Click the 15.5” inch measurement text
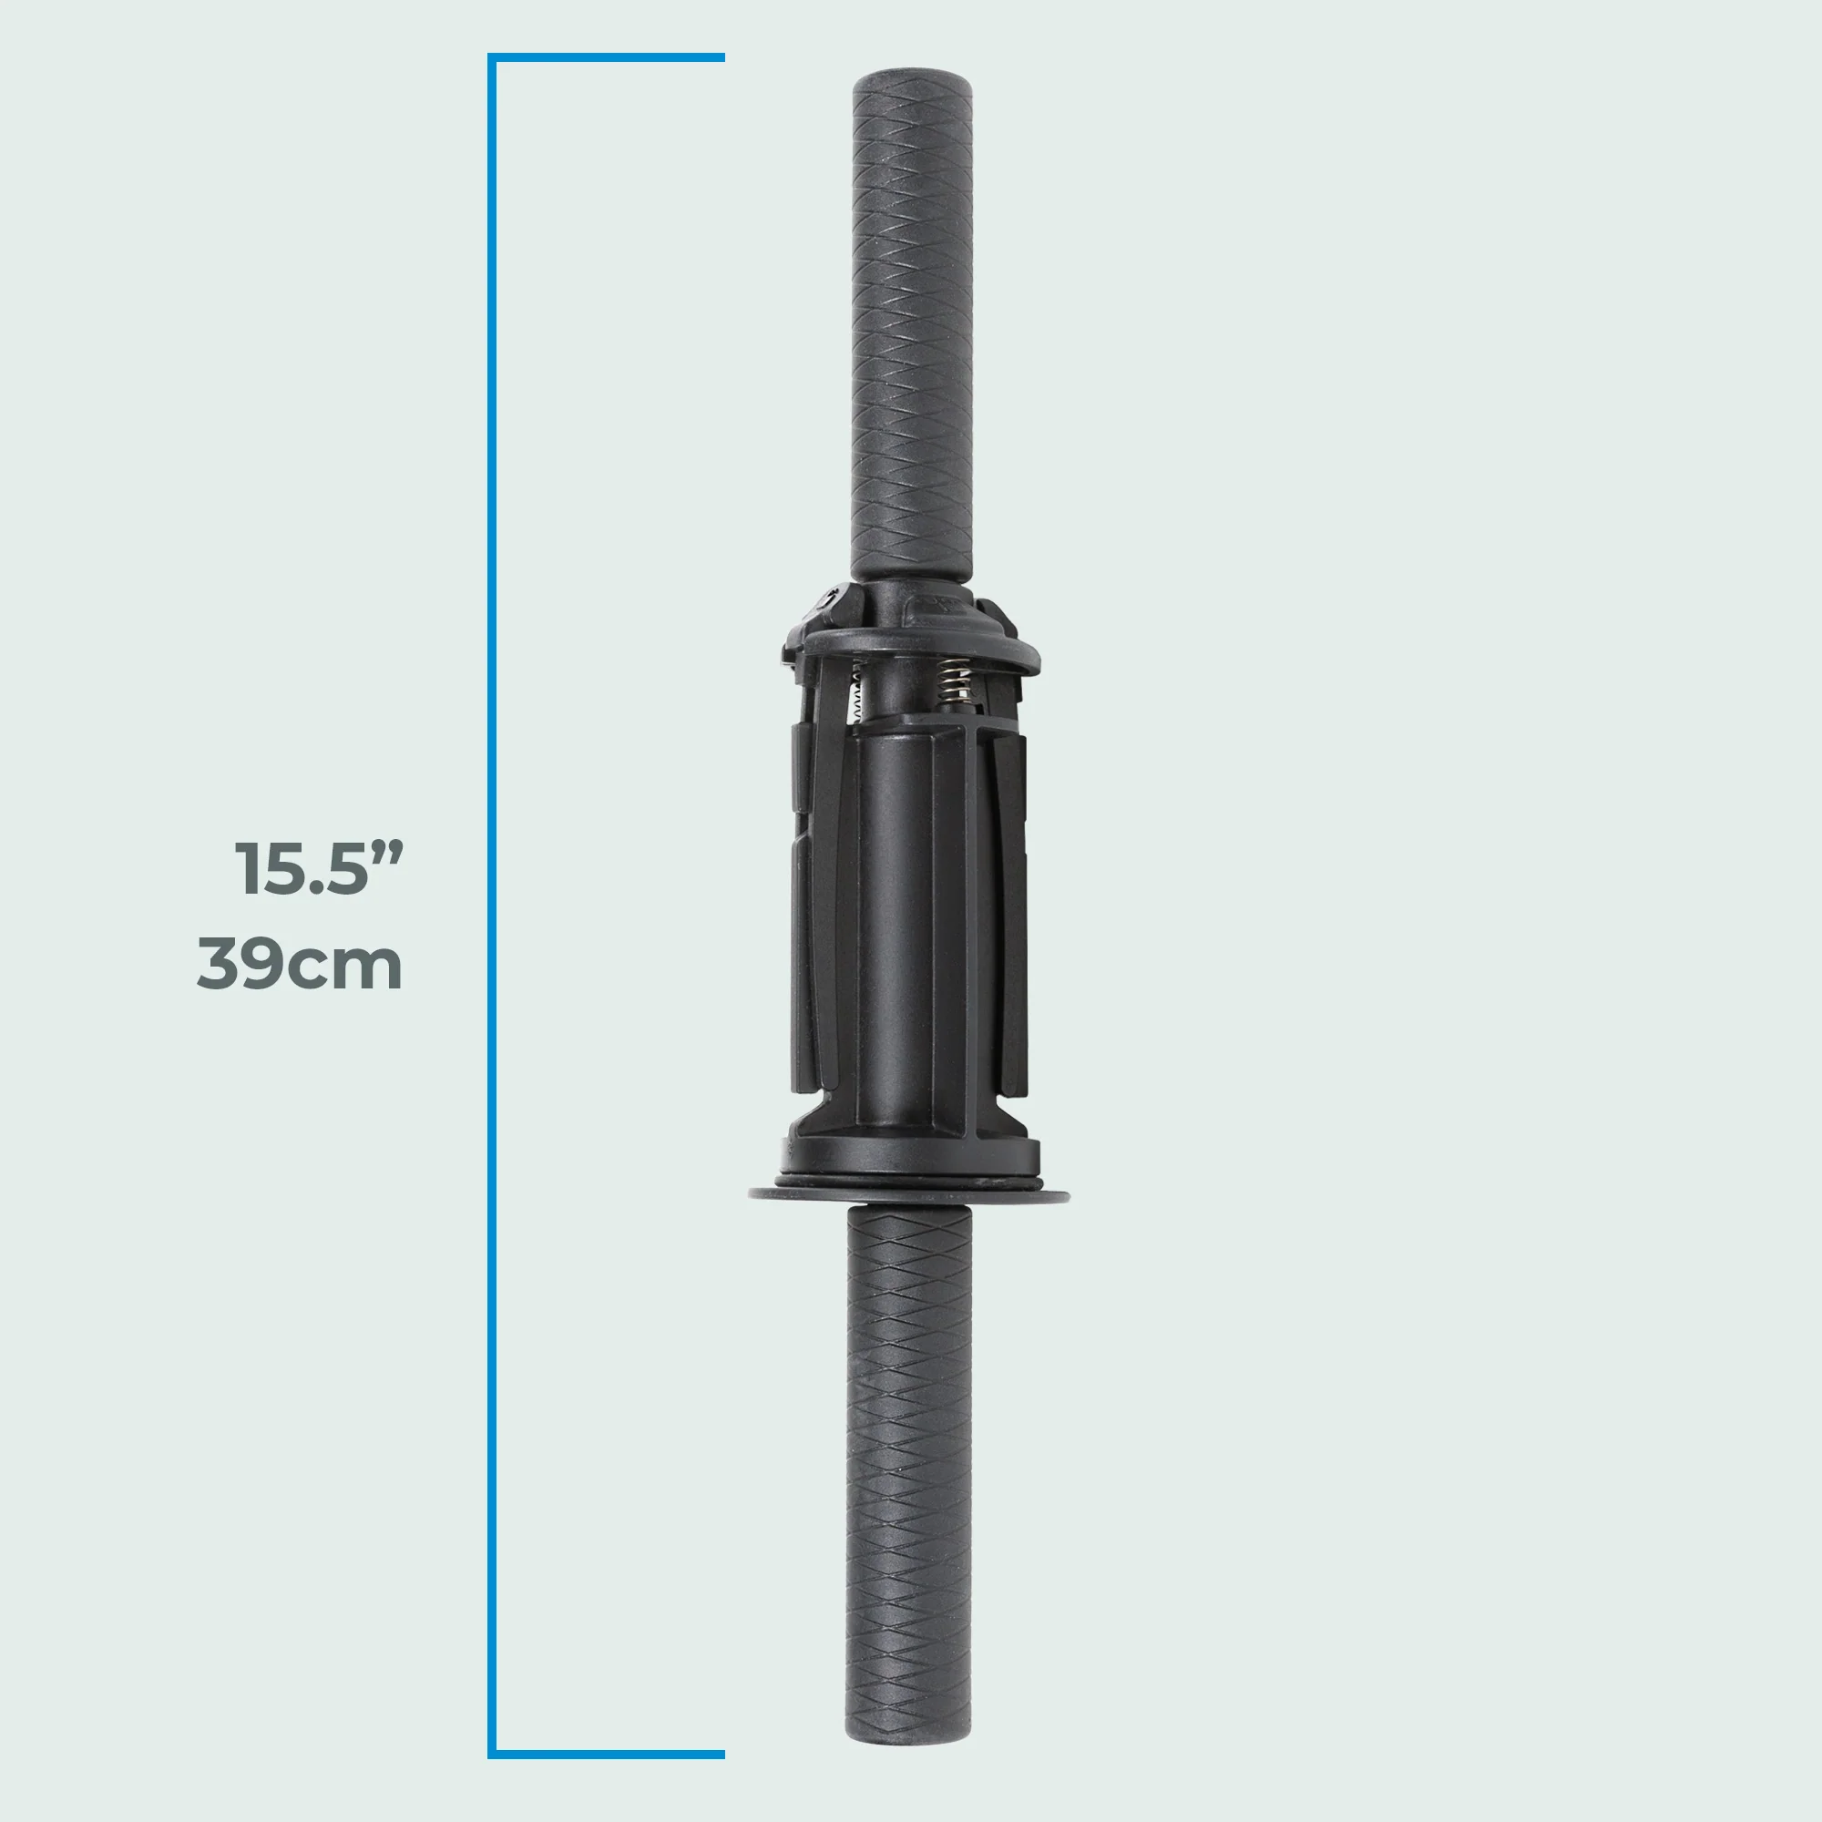(x=319, y=868)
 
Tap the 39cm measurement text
(x=300, y=964)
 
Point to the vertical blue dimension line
(x=491, y=906)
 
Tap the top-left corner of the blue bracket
(x=491, y=58)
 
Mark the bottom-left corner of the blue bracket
(x=491, y=1754)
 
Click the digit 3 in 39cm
(x=218, y=964)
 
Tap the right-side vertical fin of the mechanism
(x=1012, y=906)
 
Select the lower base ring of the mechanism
(x=910, y=1155)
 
